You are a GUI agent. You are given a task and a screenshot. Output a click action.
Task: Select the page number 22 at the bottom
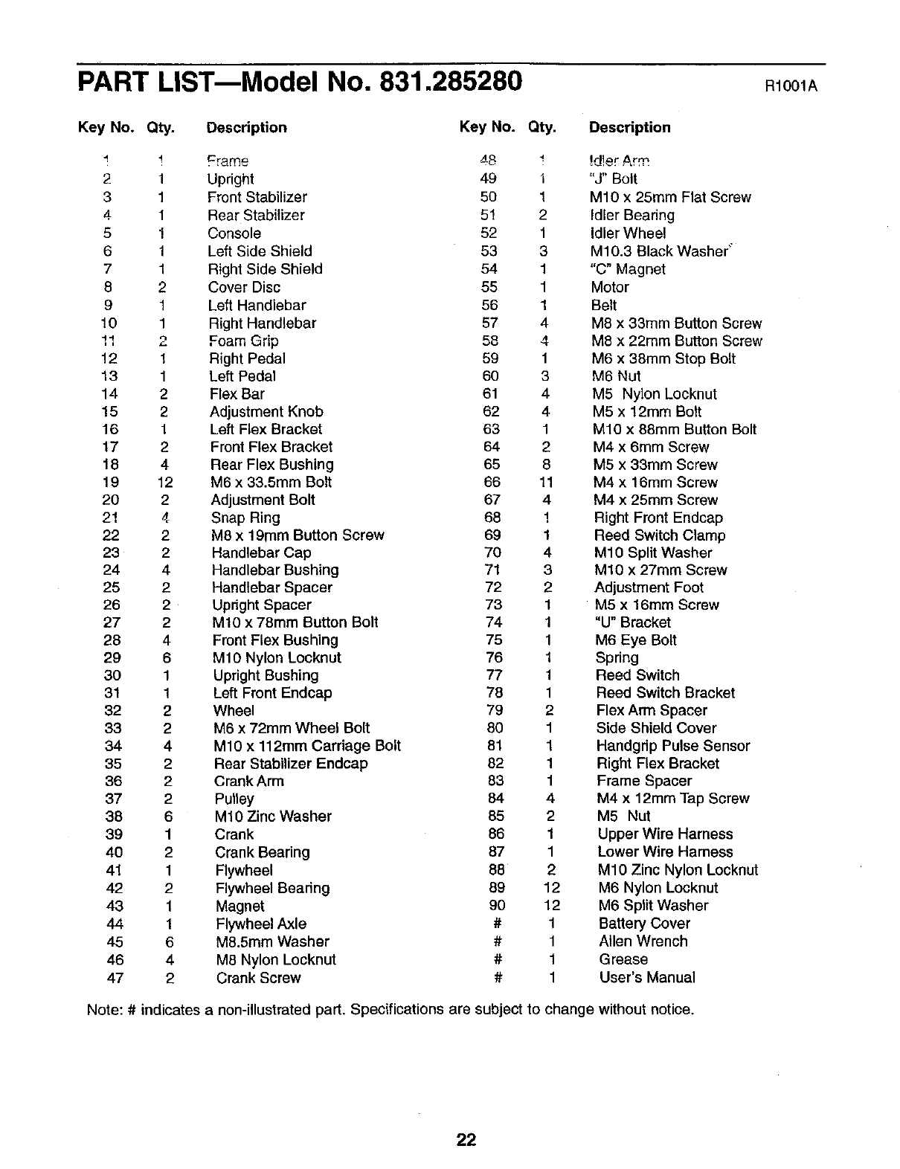tap(466, 1140)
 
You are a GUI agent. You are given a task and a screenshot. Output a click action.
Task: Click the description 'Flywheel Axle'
tap(260, 924)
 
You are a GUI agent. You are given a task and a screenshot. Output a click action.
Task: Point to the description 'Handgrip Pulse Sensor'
tap(672, 746)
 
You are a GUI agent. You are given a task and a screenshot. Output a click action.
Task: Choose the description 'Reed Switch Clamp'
tap(659, 535)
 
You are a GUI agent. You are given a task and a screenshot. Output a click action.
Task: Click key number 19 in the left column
tap(110, 482)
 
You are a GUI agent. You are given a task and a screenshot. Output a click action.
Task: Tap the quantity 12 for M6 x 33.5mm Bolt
tap(165, 482)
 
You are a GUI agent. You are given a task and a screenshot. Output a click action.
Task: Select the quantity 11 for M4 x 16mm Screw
tap(546, 482)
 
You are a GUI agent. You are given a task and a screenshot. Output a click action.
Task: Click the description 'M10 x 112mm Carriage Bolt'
tap(306, 746)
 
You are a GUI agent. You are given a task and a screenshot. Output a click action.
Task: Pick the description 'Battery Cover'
tap(644, 924)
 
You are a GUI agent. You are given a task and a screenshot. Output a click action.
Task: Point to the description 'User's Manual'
tap(647, 978)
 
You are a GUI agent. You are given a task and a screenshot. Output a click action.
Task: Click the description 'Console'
tap(234, 234)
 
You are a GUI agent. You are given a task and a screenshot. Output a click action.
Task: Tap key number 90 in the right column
tap(497, 906)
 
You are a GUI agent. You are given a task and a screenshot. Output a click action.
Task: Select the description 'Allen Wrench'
tap(643, 941)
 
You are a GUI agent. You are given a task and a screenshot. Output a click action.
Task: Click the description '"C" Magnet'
tap(628, 269)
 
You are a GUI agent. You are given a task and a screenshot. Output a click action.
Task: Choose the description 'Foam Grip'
tap(243, 341)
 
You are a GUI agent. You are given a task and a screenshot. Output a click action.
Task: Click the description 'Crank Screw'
tap(258, 978)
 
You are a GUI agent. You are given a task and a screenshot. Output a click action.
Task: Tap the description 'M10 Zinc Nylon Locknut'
tap(678, 870)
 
